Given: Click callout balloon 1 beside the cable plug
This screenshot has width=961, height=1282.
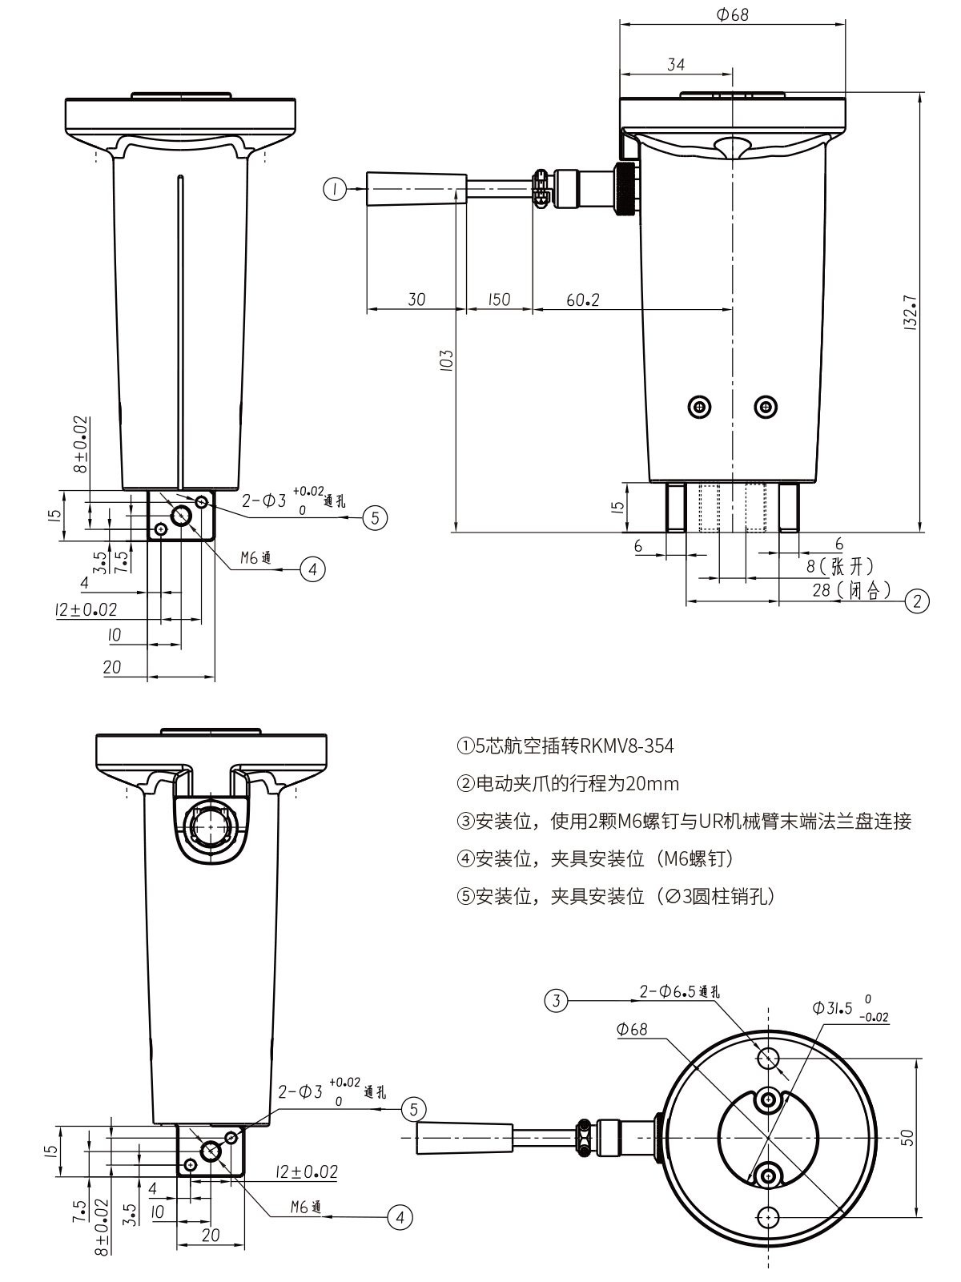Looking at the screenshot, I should click(x=334, y=189).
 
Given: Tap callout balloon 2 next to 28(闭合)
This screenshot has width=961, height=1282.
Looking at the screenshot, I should click(x=917, y=601).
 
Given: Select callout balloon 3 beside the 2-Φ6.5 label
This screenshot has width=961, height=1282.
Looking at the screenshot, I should click(x=557, y=999).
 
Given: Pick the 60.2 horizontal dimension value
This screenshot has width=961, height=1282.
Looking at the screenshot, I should click(x=582, y=299).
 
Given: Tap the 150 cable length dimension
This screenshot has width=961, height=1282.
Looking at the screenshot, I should click(x=498, y=299).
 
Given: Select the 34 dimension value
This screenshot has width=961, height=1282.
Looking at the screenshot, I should click(x=676, y=65).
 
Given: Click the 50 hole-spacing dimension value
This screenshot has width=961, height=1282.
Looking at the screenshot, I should click(x=907, y=1137).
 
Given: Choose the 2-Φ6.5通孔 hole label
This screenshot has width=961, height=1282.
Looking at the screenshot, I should click(x=679, y=991).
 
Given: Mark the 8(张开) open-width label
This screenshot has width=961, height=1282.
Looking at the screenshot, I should click(x=839, y=567).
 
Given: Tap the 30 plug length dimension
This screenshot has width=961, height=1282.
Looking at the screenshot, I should click(x=416, y=299).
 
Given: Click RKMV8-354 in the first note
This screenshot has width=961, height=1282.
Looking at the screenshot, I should click(x=626, y=746).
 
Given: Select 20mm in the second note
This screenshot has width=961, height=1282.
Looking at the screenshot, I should click(x=656, y=783).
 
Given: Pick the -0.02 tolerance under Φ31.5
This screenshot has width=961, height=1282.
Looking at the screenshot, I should click(x=873, y=1018).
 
